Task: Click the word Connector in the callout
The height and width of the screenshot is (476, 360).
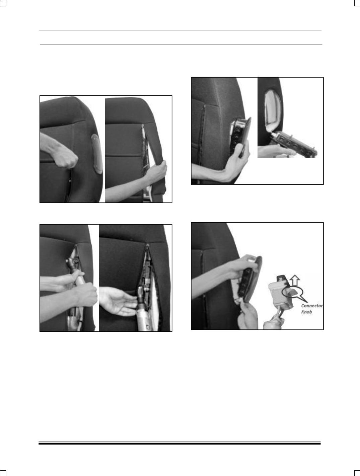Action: point(312,306)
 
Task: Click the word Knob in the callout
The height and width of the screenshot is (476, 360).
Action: point(306,312)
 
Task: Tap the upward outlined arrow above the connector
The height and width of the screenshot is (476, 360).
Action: point(295,280)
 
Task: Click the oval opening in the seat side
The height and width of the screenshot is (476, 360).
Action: point(273,110)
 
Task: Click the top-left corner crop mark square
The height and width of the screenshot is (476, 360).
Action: point(3,3)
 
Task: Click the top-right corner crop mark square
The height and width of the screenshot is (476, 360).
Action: point(357,3)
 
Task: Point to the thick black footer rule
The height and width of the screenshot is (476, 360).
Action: point(179,443)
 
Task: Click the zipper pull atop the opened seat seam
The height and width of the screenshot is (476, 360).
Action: point(147,245)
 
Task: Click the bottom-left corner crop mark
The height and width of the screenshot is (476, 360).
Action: point(3,473)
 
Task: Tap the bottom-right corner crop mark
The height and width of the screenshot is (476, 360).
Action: point(357,473)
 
